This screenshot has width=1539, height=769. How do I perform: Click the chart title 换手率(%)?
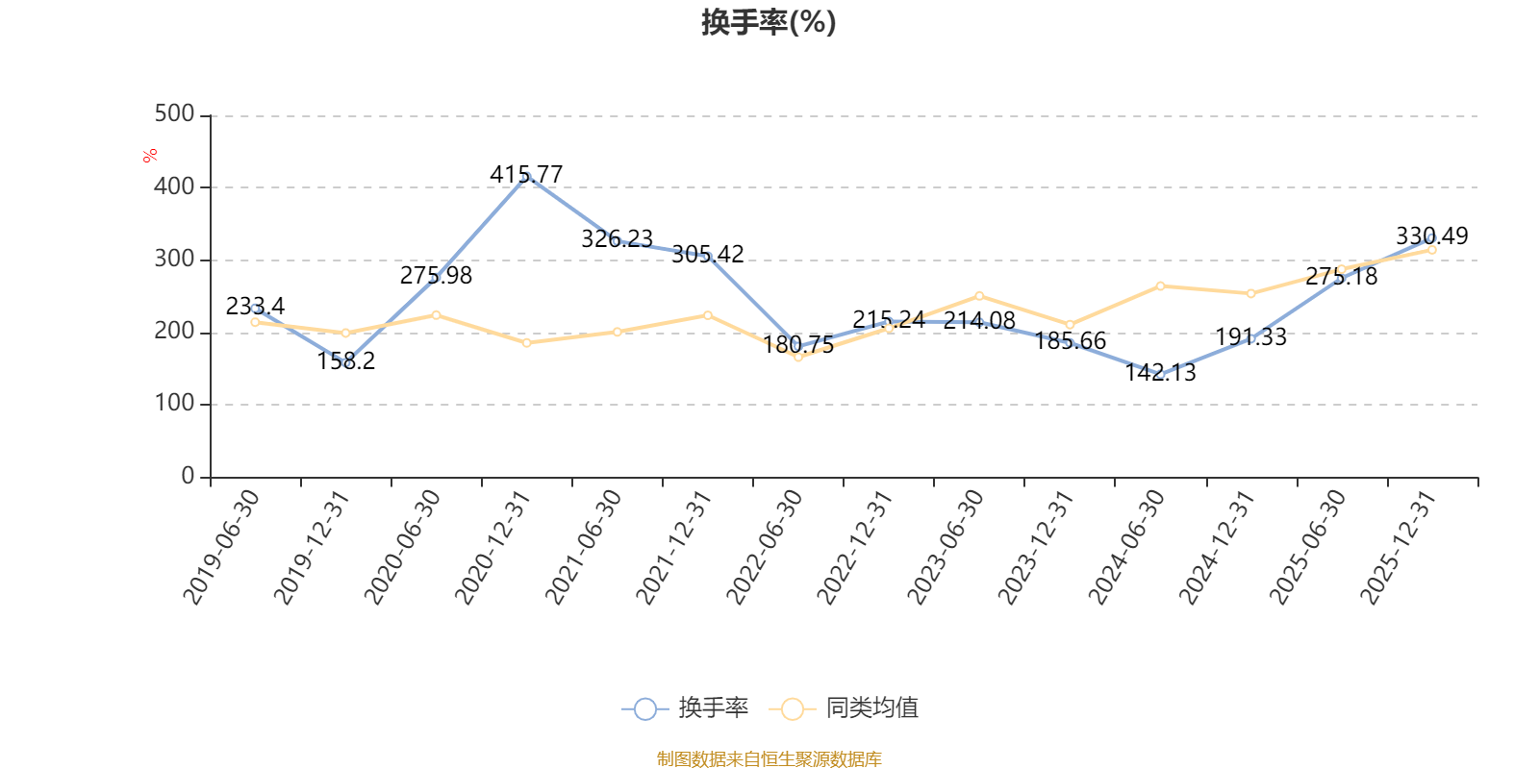coord(769,22)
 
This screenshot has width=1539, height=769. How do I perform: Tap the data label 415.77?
coord(526,174)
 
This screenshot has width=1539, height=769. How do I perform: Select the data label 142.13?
coord(1160,372)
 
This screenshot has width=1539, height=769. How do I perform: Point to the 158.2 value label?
coord(345,360)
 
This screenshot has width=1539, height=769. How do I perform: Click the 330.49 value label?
coord(1432,236)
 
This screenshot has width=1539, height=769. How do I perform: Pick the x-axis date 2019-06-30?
coord(221,547)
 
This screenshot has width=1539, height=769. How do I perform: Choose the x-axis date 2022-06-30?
coord(764,547)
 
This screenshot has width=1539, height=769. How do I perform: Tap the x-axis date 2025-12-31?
coord(1399,547)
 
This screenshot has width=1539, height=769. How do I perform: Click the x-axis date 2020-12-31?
coord(492,547)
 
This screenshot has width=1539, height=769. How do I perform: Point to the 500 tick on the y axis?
coord(174,114)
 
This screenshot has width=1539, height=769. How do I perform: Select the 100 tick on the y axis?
coord(174,403)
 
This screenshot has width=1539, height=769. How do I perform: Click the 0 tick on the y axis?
coord(188,476)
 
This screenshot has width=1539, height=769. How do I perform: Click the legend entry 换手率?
coord(685,707)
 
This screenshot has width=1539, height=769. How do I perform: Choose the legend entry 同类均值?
coord(844,707)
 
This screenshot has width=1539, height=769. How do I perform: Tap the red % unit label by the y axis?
coord(150,156)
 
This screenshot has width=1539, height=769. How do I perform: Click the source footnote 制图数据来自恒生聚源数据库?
coord(769,758)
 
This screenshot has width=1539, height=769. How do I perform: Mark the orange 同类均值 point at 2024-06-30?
coord(1160,286)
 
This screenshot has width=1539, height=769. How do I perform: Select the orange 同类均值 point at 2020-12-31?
coord(527,343)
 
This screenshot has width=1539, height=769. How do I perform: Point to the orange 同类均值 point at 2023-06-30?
coord(980,297)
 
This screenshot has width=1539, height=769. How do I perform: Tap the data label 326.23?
coord(617,239)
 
